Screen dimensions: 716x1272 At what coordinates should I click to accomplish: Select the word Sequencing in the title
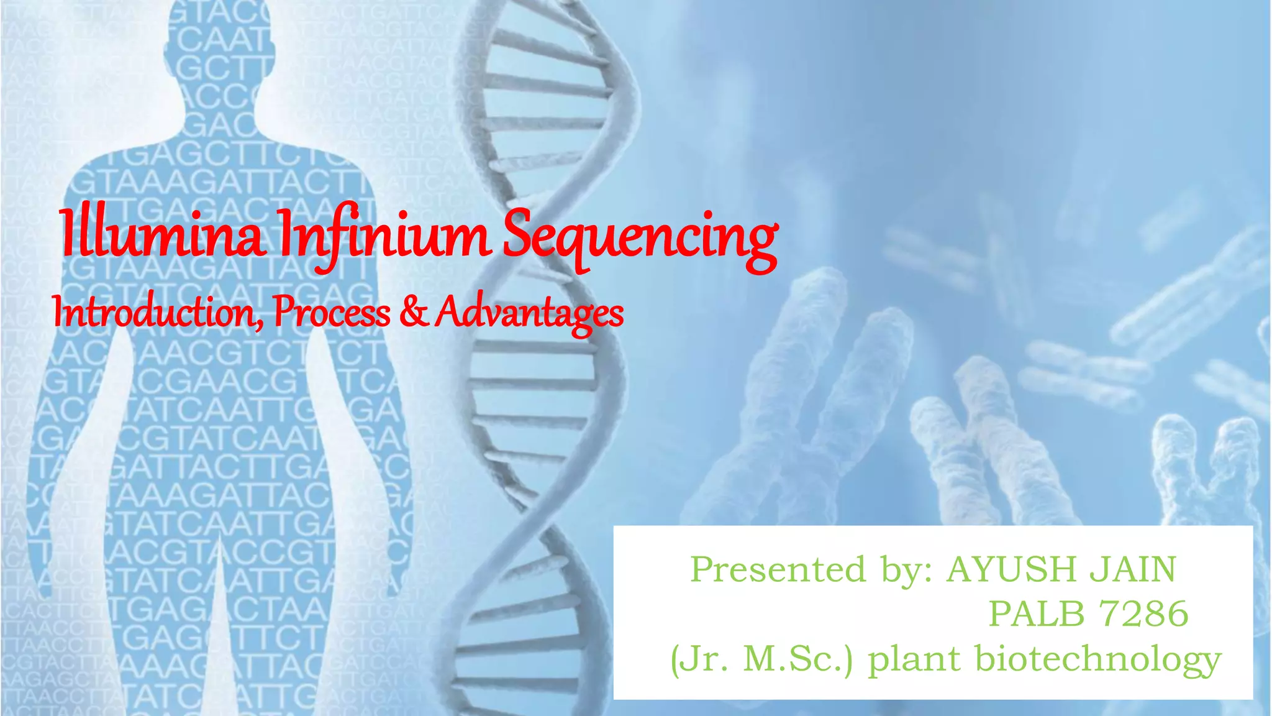[x=640, y=239]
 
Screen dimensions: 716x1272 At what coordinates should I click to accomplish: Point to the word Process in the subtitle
[x=332, y=313]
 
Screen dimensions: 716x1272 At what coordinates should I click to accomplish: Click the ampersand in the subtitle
[x=413, y=312]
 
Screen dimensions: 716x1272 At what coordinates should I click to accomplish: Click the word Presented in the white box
[x=778, y=569]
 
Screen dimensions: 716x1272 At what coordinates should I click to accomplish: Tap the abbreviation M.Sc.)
[x=799, y=660]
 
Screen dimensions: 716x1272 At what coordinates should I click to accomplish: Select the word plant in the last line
[x=913, y=660]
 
